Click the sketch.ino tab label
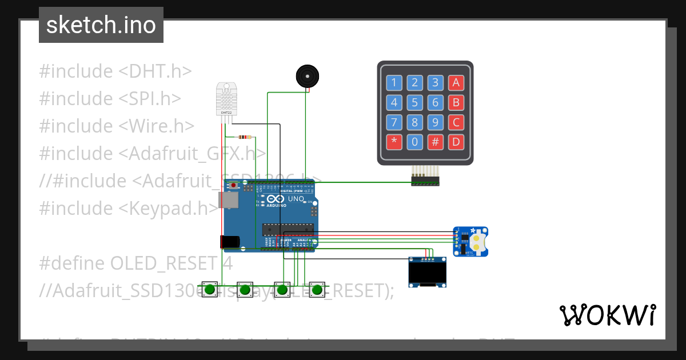point(101,25)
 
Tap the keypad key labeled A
point(456,83)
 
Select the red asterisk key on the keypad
point(394,141)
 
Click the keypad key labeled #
point(435,141)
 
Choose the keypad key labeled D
point(456,141)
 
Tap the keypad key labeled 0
point(414,141)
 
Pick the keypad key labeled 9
point(435,122)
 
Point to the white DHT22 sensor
point(226,98)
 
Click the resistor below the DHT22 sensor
point(245,137)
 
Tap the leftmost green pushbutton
point(210,289)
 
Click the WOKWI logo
point(607,315)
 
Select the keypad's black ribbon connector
point(425,181)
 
